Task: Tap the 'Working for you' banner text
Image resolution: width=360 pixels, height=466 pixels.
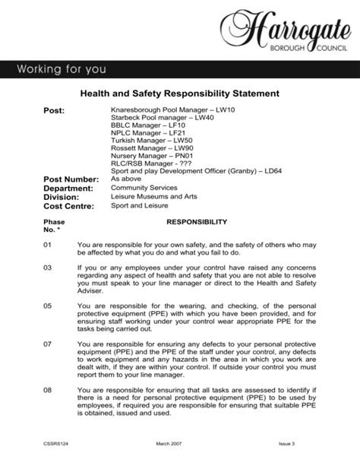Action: coord(63,70)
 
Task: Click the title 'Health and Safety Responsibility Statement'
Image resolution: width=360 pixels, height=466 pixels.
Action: coord(180,94)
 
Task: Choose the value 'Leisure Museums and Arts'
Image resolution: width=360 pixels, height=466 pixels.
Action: coord(153,196)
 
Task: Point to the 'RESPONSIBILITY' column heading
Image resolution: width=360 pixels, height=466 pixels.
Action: coord(197,222)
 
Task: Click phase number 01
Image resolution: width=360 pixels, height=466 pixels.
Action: coord(47,245)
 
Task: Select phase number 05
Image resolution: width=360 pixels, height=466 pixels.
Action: coord(47,306)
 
